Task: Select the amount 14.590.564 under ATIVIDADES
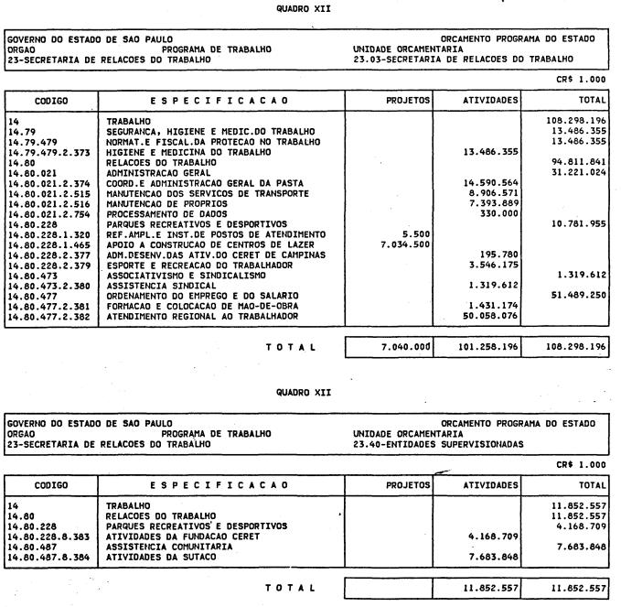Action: point(492,182)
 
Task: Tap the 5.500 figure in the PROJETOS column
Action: point(414,233)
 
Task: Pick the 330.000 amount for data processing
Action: point(502,212)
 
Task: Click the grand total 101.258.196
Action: point(492,347)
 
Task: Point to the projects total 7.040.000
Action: point(402,347)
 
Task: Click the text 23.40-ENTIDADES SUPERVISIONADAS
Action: point(424,445)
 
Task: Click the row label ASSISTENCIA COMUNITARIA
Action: point(166,546)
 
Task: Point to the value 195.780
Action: point(502,254)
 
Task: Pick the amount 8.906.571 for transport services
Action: point(495,192)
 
